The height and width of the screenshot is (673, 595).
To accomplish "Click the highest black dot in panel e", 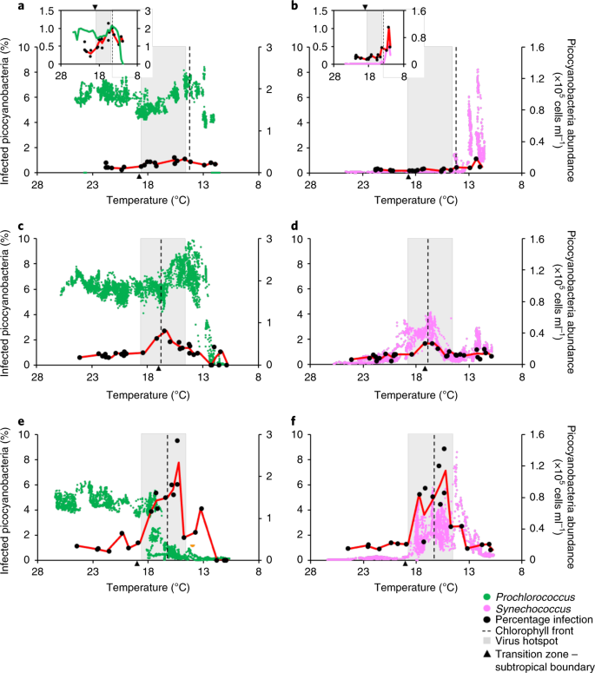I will coord(177,440).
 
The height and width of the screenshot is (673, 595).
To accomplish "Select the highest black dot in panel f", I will coord(445,449).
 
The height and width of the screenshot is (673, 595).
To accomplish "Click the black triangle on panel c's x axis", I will coord(158,369).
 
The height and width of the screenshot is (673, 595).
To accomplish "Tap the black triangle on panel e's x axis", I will coord(137,564).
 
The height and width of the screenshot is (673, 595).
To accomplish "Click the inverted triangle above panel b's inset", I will coord(365,6).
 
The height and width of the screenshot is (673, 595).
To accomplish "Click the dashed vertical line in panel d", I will coord(427,295).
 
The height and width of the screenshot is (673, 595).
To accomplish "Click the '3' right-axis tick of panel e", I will coord(264,434).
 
